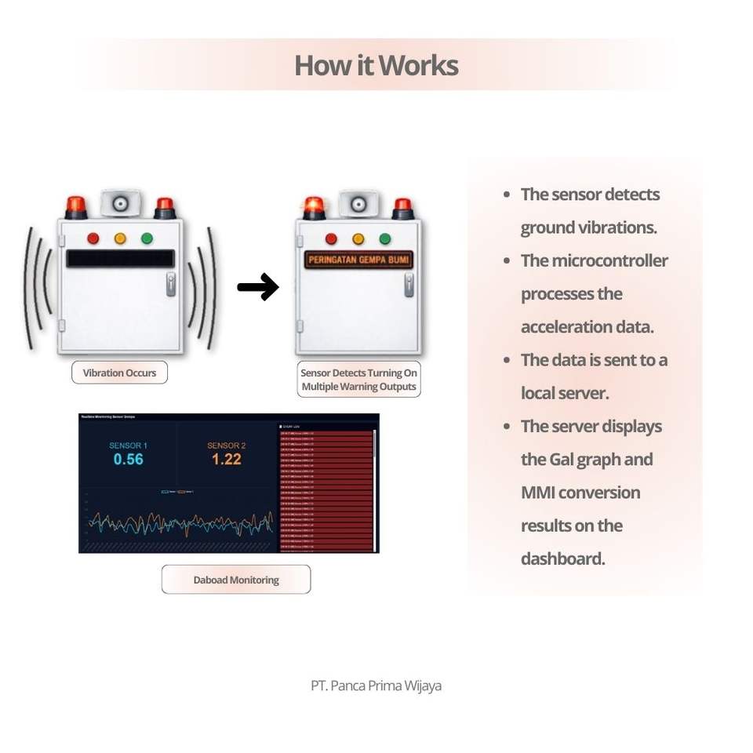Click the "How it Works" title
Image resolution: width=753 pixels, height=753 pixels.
click(x=376, y=65)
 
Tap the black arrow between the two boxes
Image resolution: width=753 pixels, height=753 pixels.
click(x=258, y=287)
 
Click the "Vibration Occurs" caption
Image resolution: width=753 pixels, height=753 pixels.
click(x=119, y=373)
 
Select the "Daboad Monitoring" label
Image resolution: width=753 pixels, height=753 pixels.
click(x=236, y=580)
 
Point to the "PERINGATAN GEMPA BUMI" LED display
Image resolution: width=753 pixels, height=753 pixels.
click(x=359, y=260)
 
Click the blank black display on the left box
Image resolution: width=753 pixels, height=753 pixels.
click(x=120, y=258)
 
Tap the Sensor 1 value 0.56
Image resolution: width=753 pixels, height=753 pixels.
click(x=128, y=459)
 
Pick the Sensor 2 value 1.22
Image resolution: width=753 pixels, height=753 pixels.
click(x=226, y=459)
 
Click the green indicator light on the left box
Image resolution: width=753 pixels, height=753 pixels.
click(x=147, y=238)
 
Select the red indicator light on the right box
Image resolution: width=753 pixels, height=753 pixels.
click(x=331, y=238)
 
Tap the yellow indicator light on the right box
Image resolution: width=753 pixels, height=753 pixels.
click(x=358, y=238)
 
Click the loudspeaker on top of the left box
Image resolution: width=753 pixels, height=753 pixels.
click(x=121, y=203)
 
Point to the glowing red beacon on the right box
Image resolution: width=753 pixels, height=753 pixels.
click(x=314, y=206)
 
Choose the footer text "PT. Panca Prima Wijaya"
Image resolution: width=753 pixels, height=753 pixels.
click(x=376, y=686)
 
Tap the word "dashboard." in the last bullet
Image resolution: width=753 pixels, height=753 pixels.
click(x=562, y=558)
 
